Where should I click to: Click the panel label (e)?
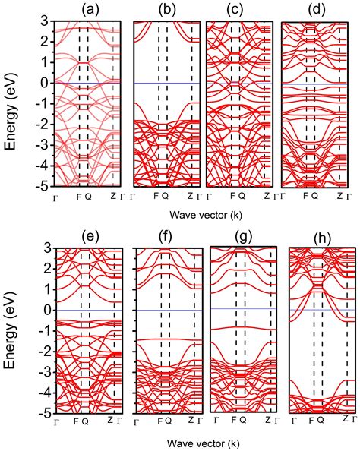pyautogui.click(x=90, y=236)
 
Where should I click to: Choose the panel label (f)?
pyautogui.click(x=167, y=236)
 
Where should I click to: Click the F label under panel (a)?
pyautogui.click(x=79, y=196)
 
